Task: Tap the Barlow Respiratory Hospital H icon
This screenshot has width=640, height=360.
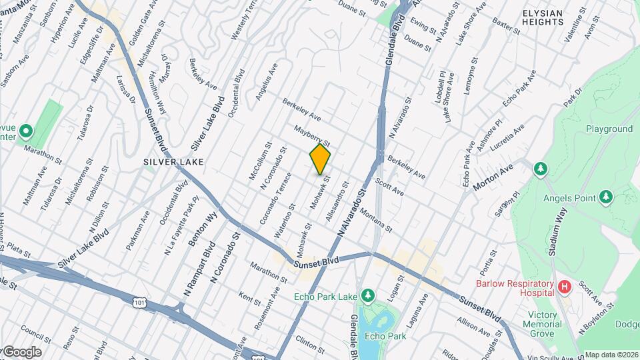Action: coord(565,287)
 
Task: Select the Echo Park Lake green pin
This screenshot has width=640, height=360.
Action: coord(367,295)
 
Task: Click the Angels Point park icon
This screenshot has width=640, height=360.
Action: coord(606,197)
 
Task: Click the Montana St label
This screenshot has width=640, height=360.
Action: coord(375,221)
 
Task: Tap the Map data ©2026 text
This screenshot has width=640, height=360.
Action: coord(612,355)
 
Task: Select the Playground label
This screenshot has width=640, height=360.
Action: coord(609,129)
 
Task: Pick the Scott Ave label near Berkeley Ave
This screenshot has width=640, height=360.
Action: coord(389,186)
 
